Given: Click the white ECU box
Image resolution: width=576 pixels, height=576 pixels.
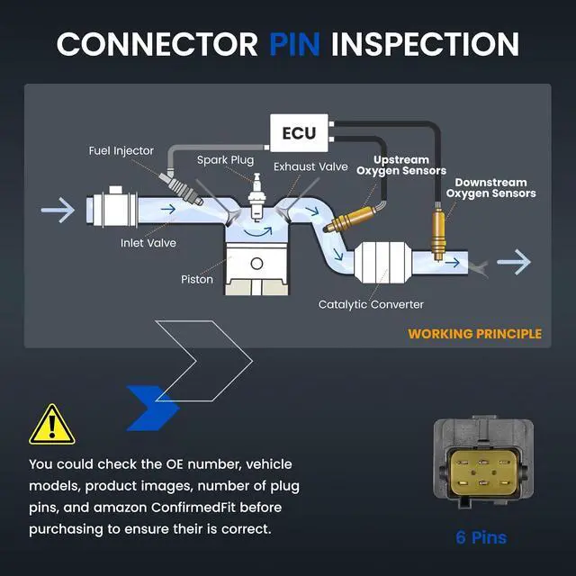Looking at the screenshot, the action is coord(299,133).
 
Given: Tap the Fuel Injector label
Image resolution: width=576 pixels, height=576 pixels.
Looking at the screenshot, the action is coord(121,150).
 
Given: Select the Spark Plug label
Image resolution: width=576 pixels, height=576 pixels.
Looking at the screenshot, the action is coord(225,160).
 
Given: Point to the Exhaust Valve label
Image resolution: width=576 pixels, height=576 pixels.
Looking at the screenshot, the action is coord(310,166).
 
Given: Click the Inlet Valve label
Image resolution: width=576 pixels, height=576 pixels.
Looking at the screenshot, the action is coord(148,243).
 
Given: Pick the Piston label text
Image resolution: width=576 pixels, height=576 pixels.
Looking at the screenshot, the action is coord(197,279).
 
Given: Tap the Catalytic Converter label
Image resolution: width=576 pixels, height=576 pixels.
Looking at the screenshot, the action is coord(371,304).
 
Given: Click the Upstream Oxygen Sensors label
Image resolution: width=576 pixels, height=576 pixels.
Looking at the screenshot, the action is coord(401,166).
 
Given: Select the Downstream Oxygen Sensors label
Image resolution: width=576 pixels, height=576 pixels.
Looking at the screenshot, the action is coord(490,188).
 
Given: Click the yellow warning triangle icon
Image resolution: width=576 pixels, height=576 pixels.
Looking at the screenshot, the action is coord(52,425).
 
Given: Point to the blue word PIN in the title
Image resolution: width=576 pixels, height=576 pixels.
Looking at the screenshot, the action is coord(294,44).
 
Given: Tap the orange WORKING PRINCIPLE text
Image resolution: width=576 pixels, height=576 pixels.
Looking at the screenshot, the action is coord(474,334).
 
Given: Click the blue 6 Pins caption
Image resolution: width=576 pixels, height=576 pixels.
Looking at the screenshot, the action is coord(481,537).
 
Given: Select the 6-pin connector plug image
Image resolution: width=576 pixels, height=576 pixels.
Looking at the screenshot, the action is coord(483,462).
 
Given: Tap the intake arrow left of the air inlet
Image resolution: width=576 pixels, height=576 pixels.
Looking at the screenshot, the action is coord(58,210).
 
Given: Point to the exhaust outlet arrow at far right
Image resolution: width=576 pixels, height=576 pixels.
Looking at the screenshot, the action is coord(514,262).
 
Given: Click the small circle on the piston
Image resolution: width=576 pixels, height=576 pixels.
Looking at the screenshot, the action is coord(256,264).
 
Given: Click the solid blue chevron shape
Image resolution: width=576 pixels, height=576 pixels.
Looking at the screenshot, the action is coord(153,408).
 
